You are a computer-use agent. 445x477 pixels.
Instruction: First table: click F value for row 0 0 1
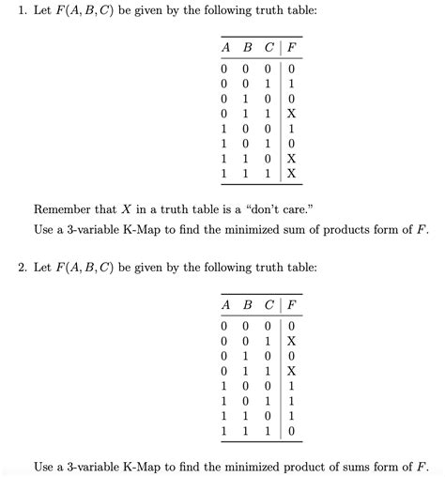coord(291,83)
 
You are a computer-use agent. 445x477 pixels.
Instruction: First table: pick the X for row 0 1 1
coord(291,113)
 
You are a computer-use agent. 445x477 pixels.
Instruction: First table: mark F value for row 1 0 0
coord(291,128)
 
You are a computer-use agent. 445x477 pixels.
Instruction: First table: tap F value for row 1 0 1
coord(291,143)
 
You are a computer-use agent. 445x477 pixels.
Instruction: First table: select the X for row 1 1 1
coord(291,173)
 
